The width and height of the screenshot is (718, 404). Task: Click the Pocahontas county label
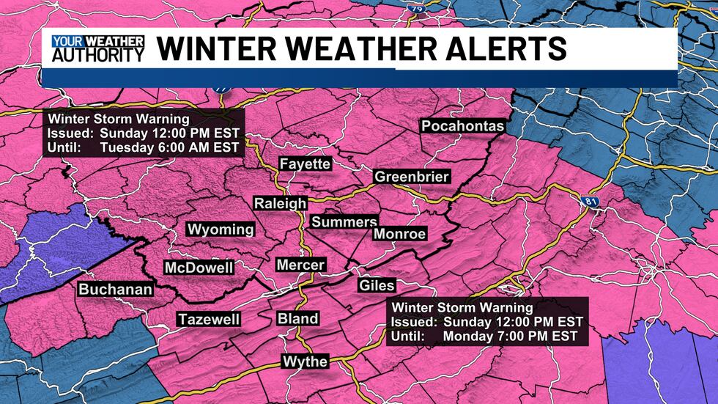462,126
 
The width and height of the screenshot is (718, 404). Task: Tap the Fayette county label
305,164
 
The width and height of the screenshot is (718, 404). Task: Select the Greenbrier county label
411,177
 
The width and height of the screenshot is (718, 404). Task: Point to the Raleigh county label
279,203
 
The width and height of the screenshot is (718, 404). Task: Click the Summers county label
344,221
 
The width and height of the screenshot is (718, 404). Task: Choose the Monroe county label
399,234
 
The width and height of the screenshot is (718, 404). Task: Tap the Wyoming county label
221,229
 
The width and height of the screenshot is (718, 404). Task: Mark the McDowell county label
199,268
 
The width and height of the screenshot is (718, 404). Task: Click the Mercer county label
300,265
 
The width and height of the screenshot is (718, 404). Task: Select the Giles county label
377,285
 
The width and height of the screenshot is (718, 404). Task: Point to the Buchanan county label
116,290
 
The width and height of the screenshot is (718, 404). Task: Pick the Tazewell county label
208,319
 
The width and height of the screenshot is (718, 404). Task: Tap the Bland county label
297,318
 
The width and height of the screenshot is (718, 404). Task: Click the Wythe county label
304,361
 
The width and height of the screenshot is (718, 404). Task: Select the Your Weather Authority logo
97,48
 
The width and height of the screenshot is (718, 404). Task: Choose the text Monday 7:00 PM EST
510,336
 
